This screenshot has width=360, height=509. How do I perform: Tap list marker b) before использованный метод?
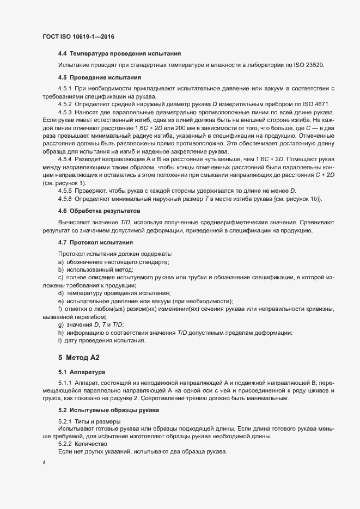click(61, 270)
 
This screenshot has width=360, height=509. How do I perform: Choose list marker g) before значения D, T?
click(61, 325)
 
